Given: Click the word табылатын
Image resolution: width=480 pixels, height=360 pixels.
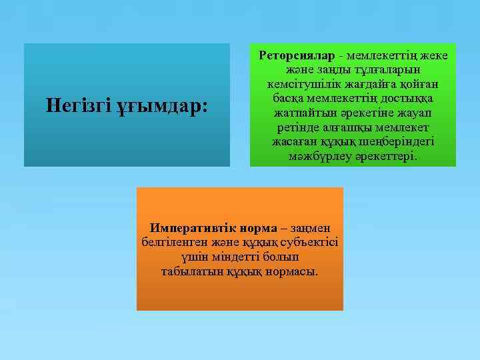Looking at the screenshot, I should (187, 271).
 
